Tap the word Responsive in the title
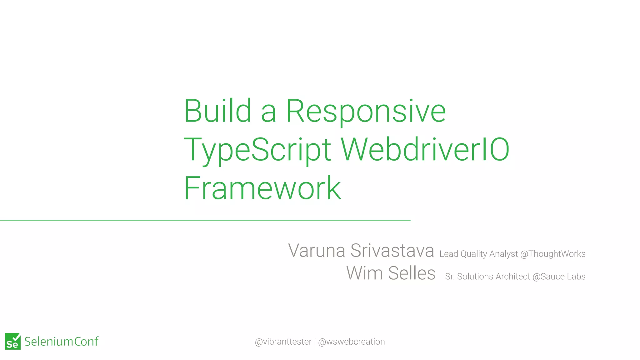click(366, 112)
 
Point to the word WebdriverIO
click(425, 150)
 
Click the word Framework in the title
click(262, 188)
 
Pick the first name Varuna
click(317, 251)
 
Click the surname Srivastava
click(392, 251)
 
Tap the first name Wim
click(364, 273)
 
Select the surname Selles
click(412, 273)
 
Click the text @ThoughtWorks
click(553, 254)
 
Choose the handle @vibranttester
click(283, 342)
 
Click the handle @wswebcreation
click(351, 342)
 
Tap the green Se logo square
click(13, 341)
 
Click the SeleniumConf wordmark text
click(61, 342)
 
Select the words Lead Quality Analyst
click(478, 254)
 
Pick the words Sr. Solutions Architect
click(487, 277)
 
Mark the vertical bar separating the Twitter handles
click(315, 342)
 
